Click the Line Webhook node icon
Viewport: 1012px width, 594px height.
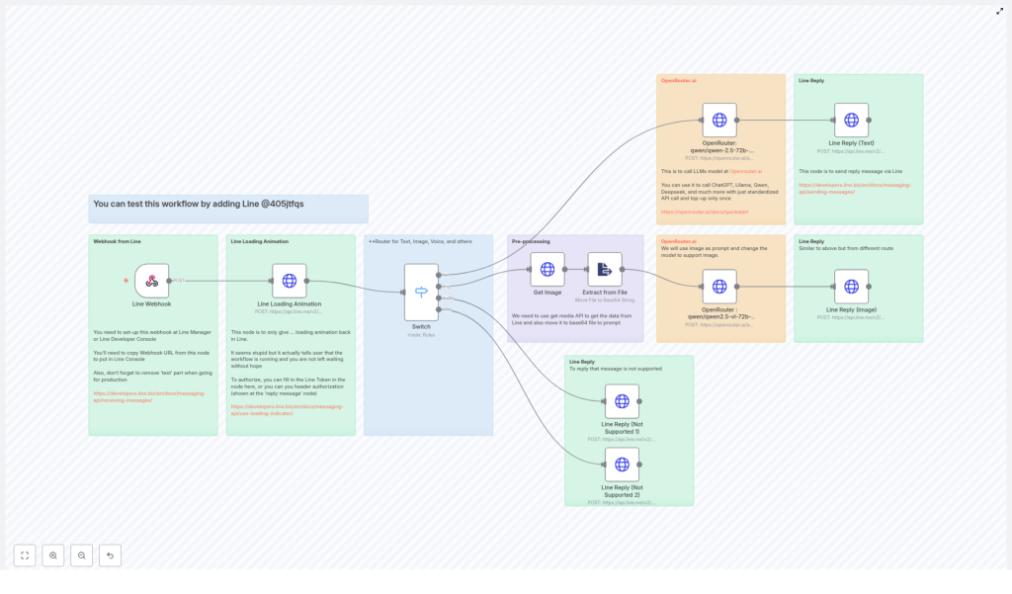151,281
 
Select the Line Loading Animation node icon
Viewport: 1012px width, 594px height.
289,281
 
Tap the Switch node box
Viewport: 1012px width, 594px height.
421,292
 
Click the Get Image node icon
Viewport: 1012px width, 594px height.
547,269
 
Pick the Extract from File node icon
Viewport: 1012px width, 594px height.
604,269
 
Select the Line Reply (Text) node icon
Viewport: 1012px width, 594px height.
851,120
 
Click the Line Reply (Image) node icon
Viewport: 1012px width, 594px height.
851,287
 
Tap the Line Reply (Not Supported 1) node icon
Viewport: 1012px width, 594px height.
622,401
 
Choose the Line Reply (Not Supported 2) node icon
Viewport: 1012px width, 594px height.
622,465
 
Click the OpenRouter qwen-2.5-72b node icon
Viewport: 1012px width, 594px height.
719,120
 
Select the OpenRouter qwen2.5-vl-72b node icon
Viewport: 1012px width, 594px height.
719,287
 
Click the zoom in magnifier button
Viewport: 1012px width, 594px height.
53,555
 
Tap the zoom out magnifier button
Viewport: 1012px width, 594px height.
82,555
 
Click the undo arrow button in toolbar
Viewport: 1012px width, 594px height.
110,555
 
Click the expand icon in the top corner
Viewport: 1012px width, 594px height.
999,11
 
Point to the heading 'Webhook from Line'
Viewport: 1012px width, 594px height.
117,241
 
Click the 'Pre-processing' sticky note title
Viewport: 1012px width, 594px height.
531,241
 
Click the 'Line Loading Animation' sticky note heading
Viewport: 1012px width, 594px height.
260,241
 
